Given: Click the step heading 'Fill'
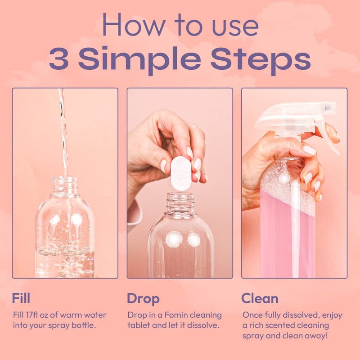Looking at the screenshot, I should coord(22,298).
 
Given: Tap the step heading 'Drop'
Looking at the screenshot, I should coord(143,298).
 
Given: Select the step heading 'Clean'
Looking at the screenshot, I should coord(260,298).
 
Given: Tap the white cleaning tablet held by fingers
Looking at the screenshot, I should coord(181,172).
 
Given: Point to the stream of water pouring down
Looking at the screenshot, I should coord(63,130).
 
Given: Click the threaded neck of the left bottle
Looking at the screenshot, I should coord(64,185).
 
